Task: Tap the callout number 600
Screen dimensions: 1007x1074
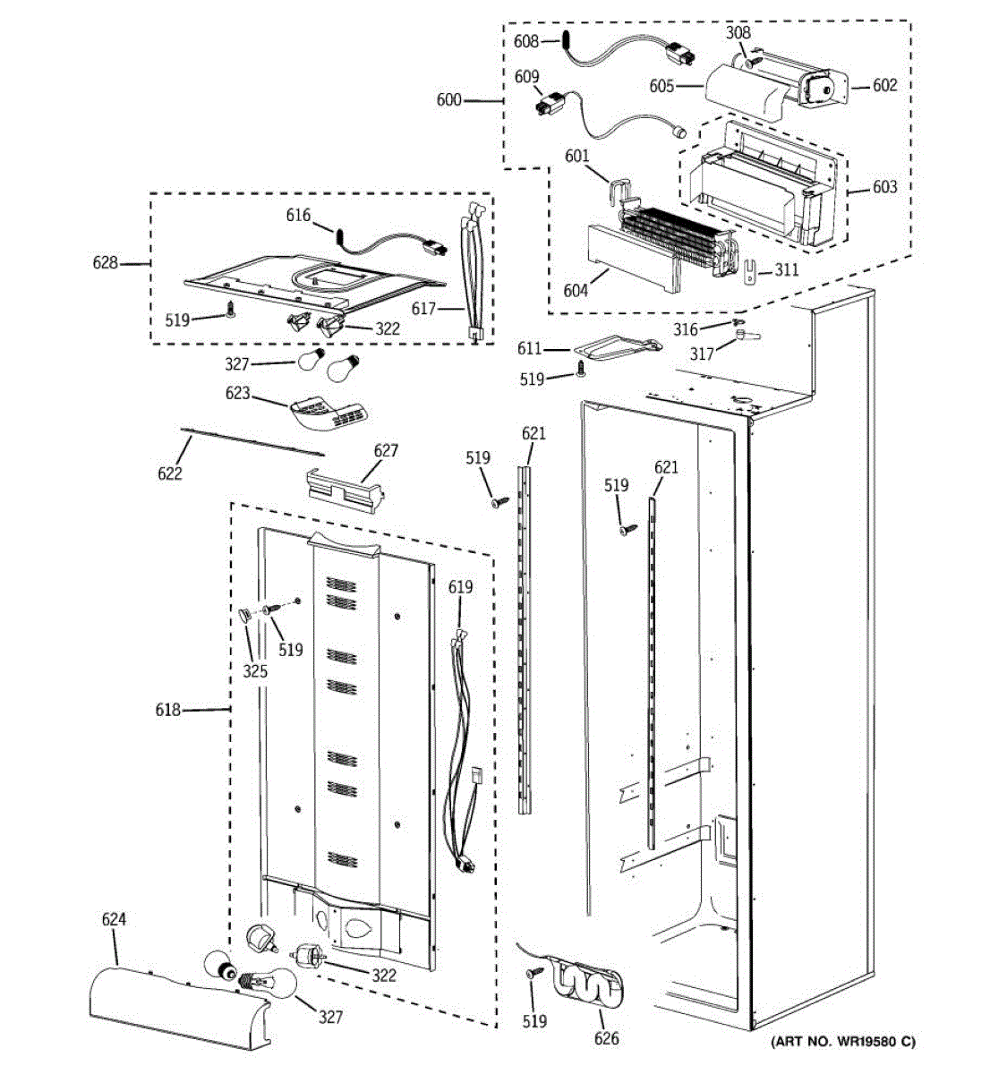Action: tap(449, 100)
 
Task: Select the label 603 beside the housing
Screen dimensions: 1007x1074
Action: tap(884, 186)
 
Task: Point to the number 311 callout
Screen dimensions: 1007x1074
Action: tap(786, 269)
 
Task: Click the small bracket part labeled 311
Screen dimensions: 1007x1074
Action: tap(750, 271)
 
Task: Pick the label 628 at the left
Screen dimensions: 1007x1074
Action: tap(105, 263)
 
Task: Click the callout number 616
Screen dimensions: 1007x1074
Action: tap(298, 215)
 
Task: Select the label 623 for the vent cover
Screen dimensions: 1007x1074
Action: tap(237, 393)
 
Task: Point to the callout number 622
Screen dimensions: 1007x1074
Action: tap(170, 473)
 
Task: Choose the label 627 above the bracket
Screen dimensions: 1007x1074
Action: tap(386, 450)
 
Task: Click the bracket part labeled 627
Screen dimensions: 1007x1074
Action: tap(346, 490)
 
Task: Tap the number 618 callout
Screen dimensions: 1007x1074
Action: tap(167, 709)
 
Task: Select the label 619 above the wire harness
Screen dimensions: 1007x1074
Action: tap(460, 587)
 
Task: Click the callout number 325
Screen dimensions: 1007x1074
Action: tap(255, 671)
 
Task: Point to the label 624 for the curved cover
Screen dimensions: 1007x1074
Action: tap(114, 919)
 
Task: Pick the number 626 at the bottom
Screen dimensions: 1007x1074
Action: tap(607, 1038)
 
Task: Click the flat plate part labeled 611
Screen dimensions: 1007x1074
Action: tap(618, 348)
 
